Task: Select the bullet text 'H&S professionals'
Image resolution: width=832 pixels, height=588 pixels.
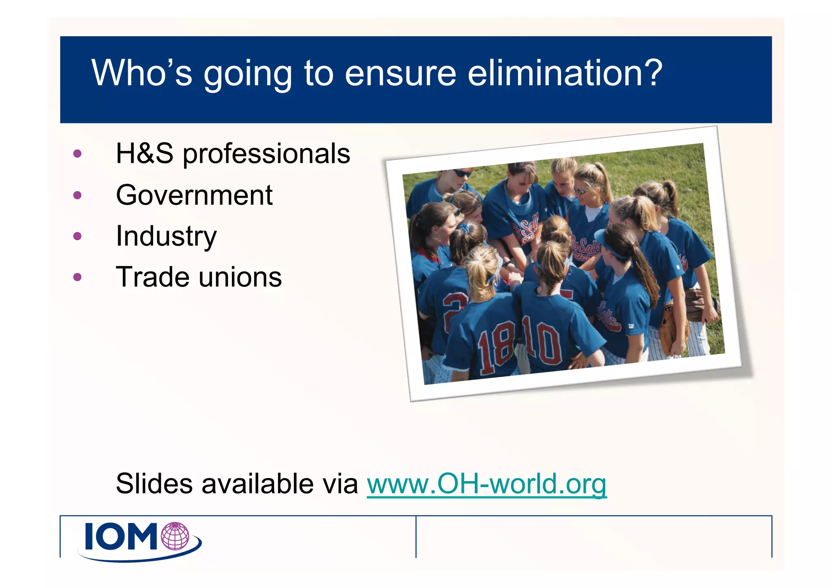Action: point(233,154)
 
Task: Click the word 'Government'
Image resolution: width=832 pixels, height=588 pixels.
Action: point(194,195)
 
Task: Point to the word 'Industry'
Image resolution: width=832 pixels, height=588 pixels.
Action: point(166,237)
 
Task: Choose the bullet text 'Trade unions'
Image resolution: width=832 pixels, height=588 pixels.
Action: point(199,278)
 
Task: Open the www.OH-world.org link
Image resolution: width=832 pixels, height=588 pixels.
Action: point(486,484)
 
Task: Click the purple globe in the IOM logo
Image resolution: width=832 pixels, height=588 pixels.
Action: point(175,536)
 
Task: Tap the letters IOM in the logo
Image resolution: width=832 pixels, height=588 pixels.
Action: point(121,537)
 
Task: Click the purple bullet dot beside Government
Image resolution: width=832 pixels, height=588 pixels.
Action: point(77,195)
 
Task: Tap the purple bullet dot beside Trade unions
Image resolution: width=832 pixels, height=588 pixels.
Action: point(77,278)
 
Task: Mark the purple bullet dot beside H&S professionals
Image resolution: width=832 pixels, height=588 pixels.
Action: point(77,154)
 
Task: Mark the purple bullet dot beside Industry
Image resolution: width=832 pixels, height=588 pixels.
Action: point(77,237)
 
